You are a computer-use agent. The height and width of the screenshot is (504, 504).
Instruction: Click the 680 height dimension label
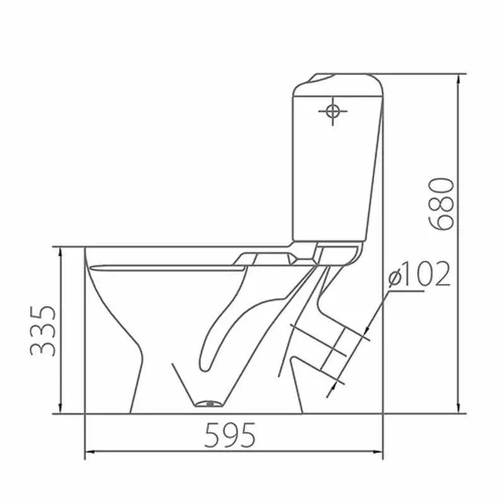[442, 204]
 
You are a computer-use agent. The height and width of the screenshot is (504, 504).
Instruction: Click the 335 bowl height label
[43, 331]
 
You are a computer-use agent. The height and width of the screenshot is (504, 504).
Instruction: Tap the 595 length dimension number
[230, 435]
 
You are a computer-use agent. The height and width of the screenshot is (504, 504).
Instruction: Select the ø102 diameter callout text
[419, 273]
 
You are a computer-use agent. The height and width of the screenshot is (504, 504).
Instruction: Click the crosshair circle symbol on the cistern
[333, 112]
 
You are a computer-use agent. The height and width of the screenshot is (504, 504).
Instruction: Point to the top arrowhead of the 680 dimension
[459, 79]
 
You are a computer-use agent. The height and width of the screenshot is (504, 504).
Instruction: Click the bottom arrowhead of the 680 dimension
[459, 408]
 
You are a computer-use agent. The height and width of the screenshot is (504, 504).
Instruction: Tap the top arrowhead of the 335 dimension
[60, 252]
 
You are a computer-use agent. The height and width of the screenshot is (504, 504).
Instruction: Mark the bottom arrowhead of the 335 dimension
[60, 408]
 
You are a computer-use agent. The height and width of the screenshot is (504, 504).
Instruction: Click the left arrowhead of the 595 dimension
[90, 452]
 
